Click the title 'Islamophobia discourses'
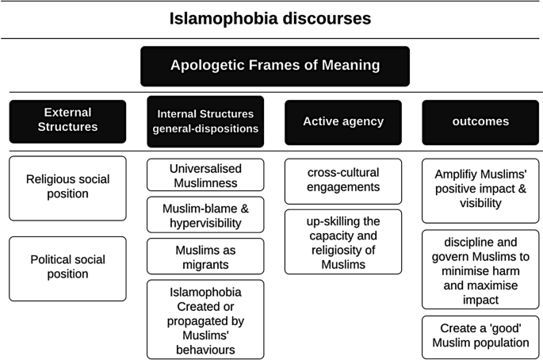coord(271,18)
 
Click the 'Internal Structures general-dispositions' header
coord(206,122)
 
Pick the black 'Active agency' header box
coord(342,122)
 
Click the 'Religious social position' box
coord(67,188)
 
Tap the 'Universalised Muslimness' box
coord(206,174)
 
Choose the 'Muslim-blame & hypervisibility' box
coord(206,214)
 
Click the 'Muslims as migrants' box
coord(206,255)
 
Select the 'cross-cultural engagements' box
coord(342,182)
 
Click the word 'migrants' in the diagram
coord(206,263)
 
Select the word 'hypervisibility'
coord(206,222)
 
